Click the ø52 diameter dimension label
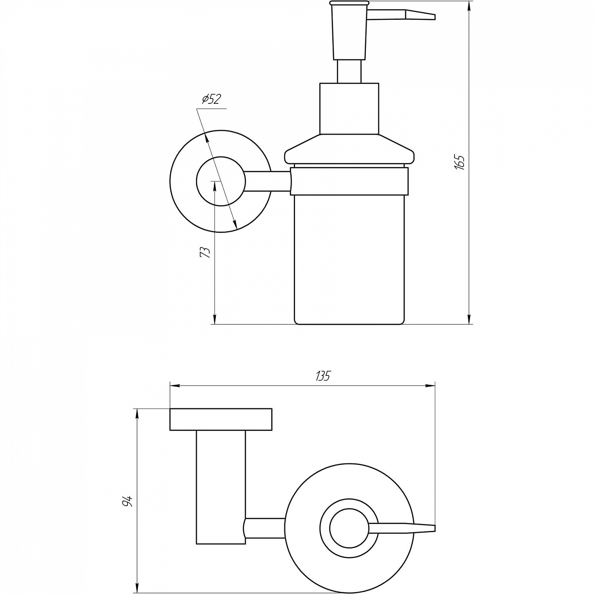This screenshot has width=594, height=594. tap(211, 99)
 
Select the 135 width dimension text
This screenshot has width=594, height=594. tap(323, 376)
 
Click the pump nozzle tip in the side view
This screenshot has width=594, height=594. tap(435, 17)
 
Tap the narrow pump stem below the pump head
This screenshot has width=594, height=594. tap(349, 72)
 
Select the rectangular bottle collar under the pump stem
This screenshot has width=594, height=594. tap(349, 108)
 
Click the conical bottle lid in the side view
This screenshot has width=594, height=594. tap(349, 149)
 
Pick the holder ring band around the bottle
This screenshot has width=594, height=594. tap(349, 181)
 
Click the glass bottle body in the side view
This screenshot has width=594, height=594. tap(349, 259)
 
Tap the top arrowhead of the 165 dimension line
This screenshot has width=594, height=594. tap(469, 7)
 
